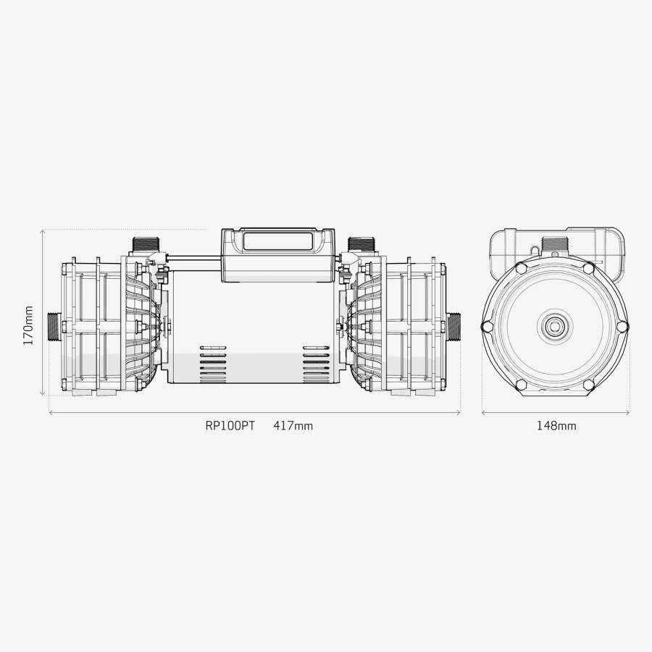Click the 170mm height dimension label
coord(28,325)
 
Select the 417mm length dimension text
coord(293,426)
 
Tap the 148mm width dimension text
coord(556,426)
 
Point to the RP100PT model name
coord(230,426)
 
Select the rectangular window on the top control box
coord(278,240)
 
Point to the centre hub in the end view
coord(556,326)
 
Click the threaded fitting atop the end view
coord(555,244)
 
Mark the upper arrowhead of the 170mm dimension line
coord(43,232)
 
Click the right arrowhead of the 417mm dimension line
coord(459,414)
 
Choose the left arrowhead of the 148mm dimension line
coord(484,414)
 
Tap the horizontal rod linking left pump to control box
coord(192,256)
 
